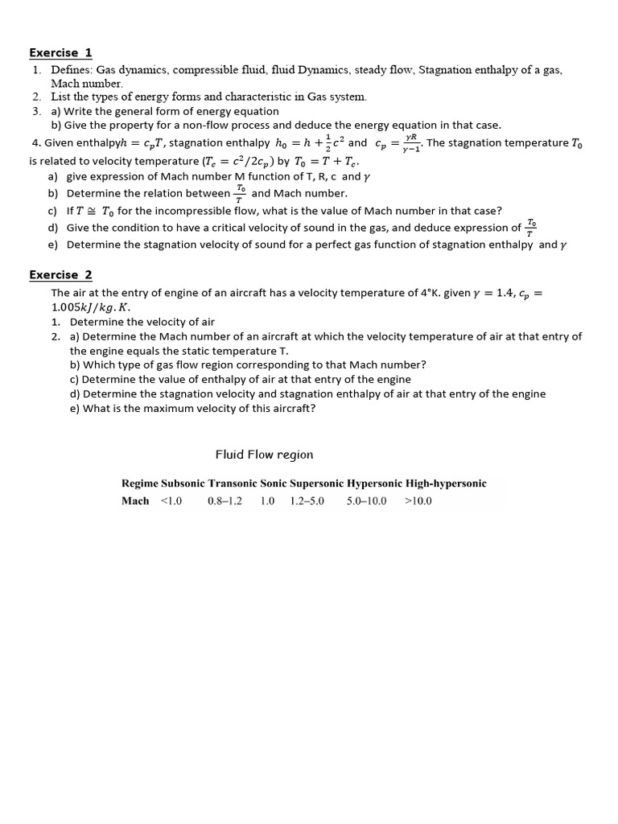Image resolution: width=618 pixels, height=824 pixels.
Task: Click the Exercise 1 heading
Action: pos(60,53)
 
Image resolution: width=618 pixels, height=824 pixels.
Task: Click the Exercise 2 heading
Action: pos(60,275)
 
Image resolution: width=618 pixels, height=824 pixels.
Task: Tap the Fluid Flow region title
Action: pos(264,455)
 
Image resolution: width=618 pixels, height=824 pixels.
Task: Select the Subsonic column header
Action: pos(183,484)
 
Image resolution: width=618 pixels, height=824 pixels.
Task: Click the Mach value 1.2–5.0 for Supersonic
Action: pos(307,501)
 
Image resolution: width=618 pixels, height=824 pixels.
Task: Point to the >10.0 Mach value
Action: pos(418,501)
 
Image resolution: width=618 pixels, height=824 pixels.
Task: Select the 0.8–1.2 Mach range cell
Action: pos(225,501)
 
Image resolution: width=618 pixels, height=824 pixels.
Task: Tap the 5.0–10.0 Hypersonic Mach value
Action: pos(366,501)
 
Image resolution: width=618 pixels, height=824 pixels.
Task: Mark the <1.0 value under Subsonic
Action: pos(171,501)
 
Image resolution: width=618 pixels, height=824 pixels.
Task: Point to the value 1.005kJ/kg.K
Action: pos(88,307)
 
